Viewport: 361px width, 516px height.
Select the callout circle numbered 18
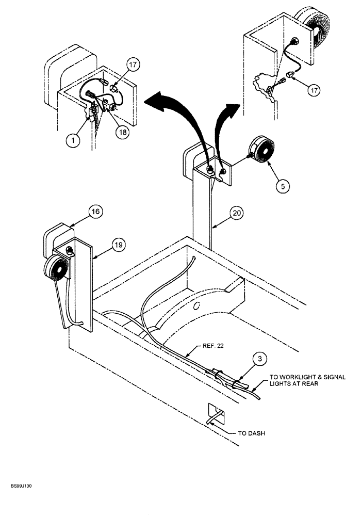tap(122, 132)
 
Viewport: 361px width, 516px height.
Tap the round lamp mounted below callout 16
tap(57, 268)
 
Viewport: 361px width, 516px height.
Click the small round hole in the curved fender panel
tap(196, 305)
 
